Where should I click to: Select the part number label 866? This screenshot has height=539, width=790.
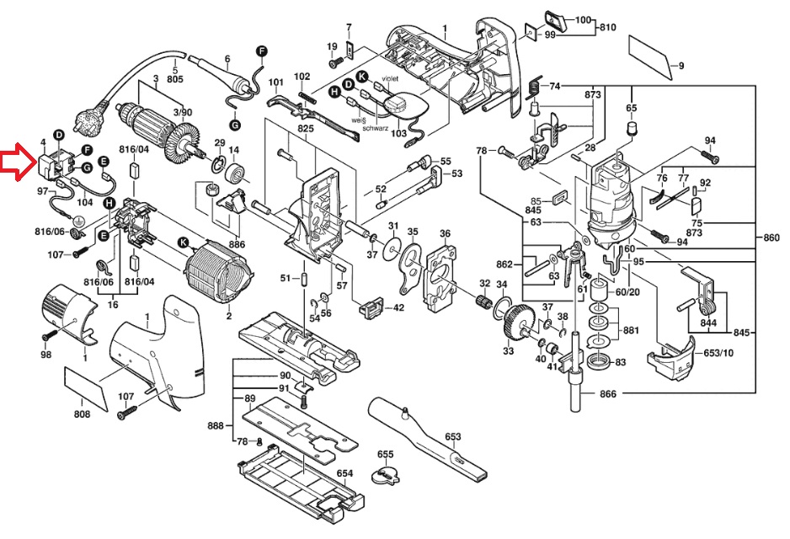[x=607, y=394]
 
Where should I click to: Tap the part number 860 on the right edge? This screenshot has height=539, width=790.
[x=771, y=237]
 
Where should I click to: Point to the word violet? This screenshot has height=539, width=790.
[x=390, y=78]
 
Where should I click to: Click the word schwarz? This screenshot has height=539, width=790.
[x=376, y=129]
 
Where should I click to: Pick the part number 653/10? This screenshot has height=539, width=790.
[x=718, y=353]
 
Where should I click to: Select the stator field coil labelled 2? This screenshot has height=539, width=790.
[x=217, y=272]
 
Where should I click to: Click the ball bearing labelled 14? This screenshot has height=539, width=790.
[x=235, y=173]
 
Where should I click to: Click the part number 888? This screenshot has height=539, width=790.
[x=216, y=425]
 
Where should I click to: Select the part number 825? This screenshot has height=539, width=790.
[x=306, y=128]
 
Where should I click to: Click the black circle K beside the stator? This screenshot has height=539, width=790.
[x=183, y=243]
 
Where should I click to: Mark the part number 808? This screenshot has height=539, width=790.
[x=83, y=414]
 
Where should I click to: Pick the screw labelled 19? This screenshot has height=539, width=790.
[x=335, y=62]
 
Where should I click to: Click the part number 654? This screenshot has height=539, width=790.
[x=344, y=473]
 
